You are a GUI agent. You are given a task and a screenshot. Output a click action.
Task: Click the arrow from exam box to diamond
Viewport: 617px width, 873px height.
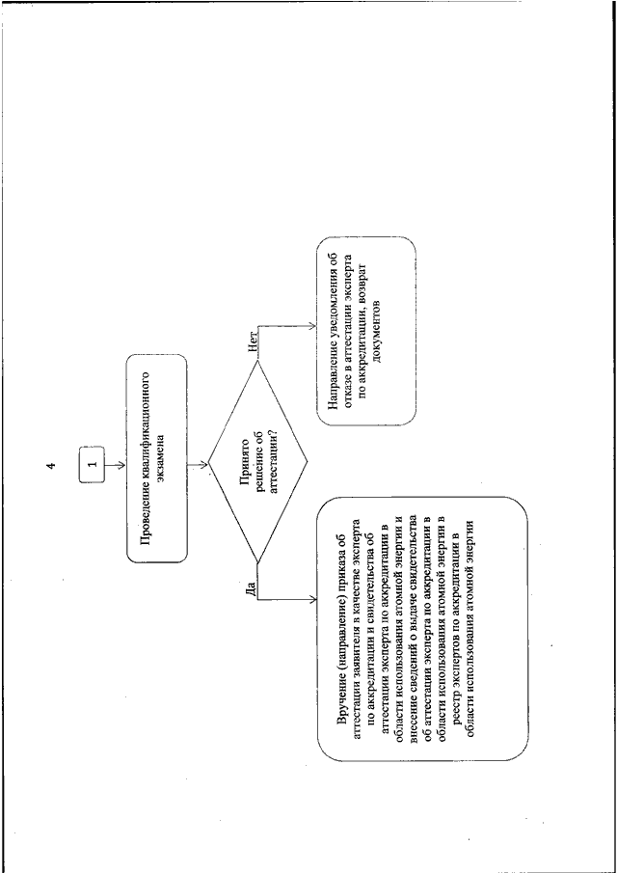[x=198, y=464]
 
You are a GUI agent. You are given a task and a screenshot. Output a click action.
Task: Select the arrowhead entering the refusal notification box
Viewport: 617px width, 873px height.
[x=312, y=328]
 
